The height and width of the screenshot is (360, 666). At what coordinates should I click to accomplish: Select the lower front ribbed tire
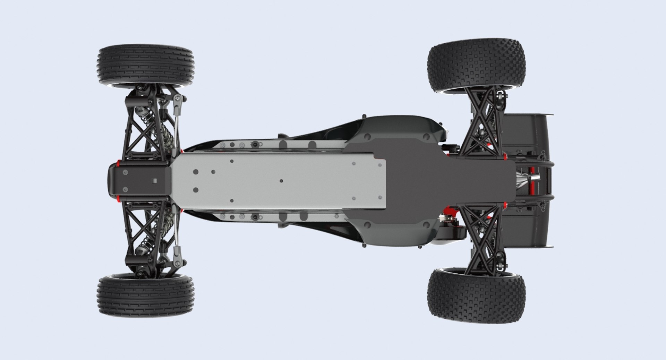click(145, 297)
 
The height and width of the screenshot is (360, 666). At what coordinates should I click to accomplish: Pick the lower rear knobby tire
click(476, 295)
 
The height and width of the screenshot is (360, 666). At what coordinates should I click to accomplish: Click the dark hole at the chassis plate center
click(281, 181)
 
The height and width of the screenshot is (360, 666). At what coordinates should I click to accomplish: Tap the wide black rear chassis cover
click(434, 180)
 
